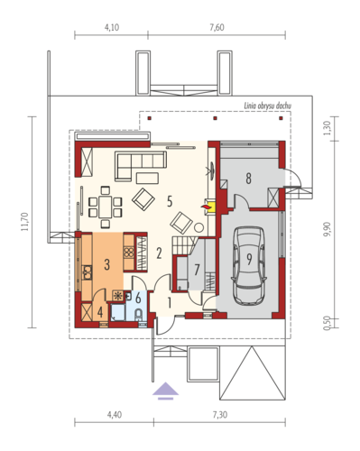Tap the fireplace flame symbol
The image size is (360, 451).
pyautogui.click(x=205, y=207)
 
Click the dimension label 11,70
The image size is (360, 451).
pyautogui.click(x=24, y=222)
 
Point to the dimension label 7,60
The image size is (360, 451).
pyautogui.click(x=217, y=27)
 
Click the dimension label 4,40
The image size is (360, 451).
pyautogui.click(x=115, y=415)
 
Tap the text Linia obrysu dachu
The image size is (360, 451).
pyautogui.click(x=267, y=106)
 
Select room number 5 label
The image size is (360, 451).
pyautogui.click(x=170, y=201)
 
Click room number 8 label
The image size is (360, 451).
pyautogui.click(x=248, y=179)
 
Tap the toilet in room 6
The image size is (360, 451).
pyautogui.click(x=139, y=315)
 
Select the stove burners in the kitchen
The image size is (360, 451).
pyautogui.click(x=129, y=252)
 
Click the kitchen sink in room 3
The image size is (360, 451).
pyautogui.click(x=88, y=272)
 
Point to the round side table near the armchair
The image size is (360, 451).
pyautogui.click(x=198, y=227)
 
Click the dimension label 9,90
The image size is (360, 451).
pyautogui.click(x=327, y=229)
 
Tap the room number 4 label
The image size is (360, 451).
pyautogui.click(x=100, y=312)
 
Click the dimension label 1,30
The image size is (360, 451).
pyautogui.click(x=327, y=128)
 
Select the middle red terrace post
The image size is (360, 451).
pyautogui.click(x=215, y=118)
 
